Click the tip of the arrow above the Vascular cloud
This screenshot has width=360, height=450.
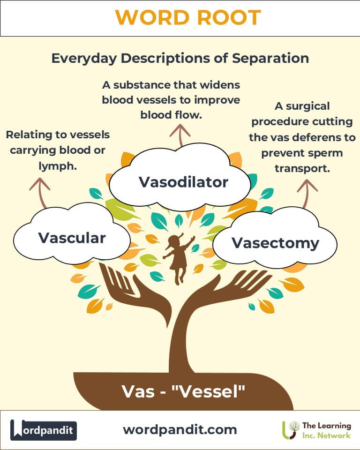pos(40,178)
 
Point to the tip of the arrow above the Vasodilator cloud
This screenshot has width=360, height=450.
pos(180,125)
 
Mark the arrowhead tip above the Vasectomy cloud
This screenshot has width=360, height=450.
pos(307,180)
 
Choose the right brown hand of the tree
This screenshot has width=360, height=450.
pos(227,292)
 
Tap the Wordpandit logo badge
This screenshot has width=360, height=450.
pos(43,430)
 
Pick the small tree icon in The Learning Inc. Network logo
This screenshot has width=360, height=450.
pos(291,430)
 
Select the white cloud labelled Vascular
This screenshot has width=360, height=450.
pos(72,234)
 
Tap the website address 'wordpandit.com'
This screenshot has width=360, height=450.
pos(180,430)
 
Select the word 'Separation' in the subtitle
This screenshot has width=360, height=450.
pos(270,58)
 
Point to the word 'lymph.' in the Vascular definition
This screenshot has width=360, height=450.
pos(58,166)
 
